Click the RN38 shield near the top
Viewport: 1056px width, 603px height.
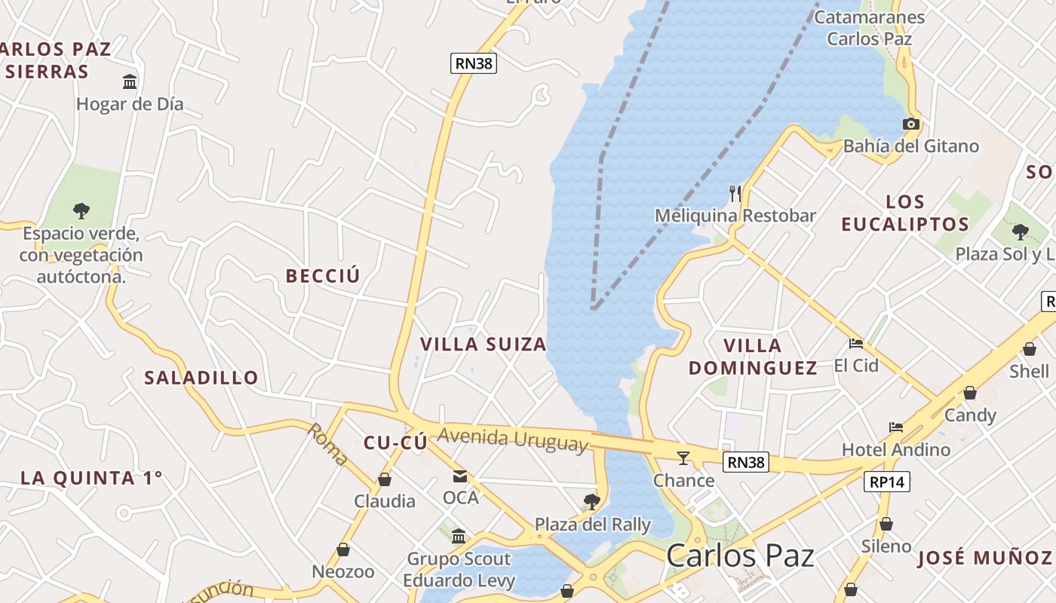click(474, 63)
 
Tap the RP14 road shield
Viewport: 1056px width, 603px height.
click(887, 482)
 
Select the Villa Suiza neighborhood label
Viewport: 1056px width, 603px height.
click(483, 344)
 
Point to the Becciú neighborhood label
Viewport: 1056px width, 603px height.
click(323, 276)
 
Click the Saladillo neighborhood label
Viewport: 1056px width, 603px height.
click(201, 378)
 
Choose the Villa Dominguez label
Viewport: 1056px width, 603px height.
click(753, 357)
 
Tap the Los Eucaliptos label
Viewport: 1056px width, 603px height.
click(905, 213)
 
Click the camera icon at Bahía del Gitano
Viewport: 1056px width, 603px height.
click(911, 124)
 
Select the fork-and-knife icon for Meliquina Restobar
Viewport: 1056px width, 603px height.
click(735, 194)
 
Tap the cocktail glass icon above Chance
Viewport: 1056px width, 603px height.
click(683, 458)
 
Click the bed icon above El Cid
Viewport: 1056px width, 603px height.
click(856, 344)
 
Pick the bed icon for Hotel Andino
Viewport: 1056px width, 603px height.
click(896, 427)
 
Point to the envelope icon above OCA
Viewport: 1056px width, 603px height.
click(460, 476)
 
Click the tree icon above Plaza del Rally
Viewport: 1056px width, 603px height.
click(592, 501)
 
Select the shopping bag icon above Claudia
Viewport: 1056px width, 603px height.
click(385, 479)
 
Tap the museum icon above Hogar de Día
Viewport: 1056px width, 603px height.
click(130, 81)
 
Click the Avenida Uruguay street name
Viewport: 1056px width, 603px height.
click(512, 439)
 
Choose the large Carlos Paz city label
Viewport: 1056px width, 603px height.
click(740, 556)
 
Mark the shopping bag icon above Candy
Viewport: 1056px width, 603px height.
click(970, 393)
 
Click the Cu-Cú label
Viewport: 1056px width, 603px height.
click(395, 443)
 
